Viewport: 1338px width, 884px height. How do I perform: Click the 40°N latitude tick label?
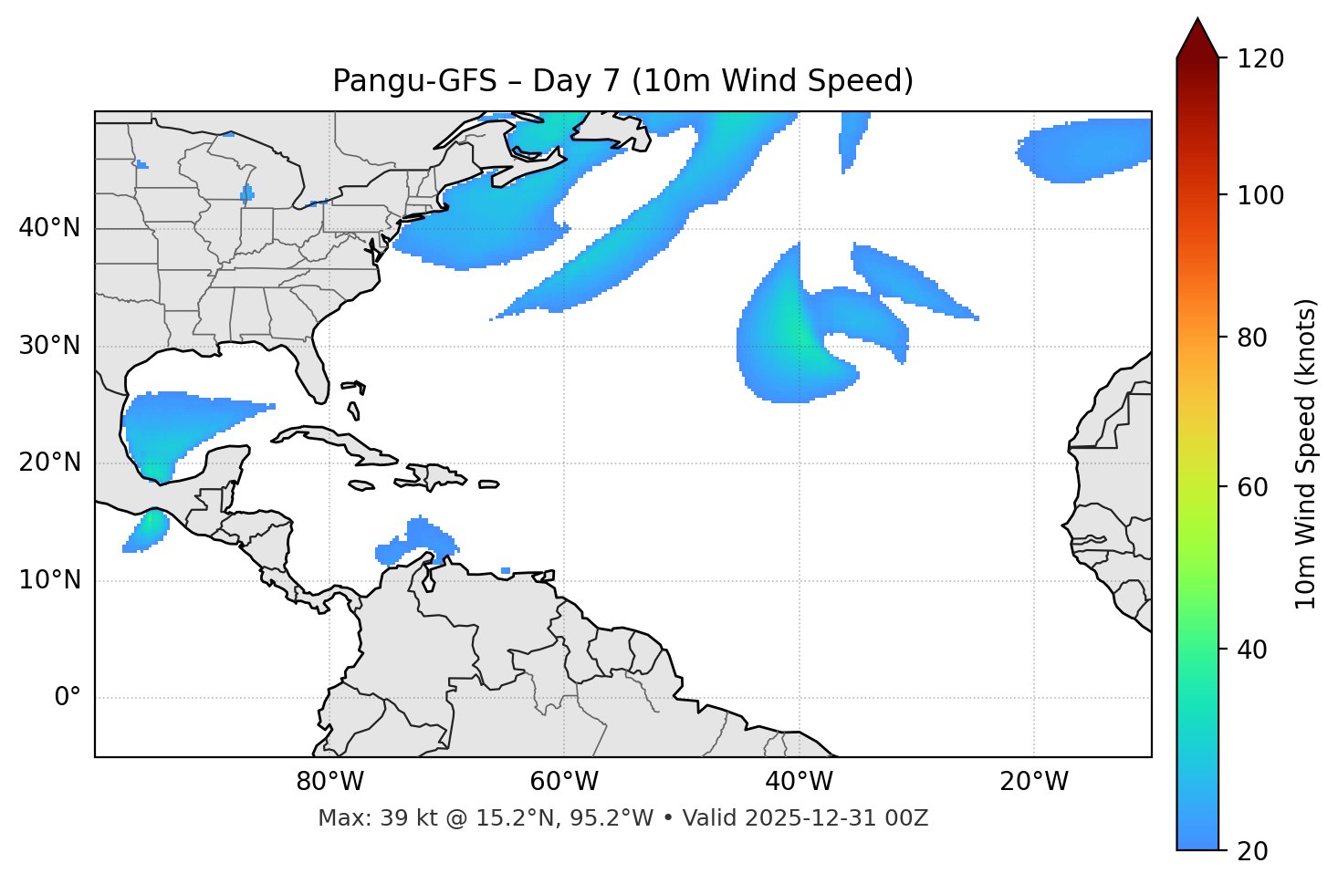[49, 228]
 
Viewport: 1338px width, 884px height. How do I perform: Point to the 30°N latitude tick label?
[49, 346]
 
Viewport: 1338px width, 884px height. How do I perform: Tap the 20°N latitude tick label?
[49, 463]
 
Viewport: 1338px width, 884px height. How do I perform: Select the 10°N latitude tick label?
[49, 580]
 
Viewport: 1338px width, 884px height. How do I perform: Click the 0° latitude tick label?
[68, 698]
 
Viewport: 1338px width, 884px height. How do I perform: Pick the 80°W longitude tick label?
[329, 782]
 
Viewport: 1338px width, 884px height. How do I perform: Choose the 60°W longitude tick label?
[564, 782]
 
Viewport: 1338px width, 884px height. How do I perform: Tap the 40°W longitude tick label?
[799, 782]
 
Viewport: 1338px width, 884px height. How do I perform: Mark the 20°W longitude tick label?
[1034, 782]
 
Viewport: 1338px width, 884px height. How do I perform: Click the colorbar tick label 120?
[1260, 59]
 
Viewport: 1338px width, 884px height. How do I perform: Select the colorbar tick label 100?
[1260, 195]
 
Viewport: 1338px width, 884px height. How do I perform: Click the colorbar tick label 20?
[1253, 851]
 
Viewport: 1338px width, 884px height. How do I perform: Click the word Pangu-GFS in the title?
[414, 81]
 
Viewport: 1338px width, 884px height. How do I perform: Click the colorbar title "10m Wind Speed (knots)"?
[1306, 453]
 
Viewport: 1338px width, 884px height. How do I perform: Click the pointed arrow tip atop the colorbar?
[1197, 22]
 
